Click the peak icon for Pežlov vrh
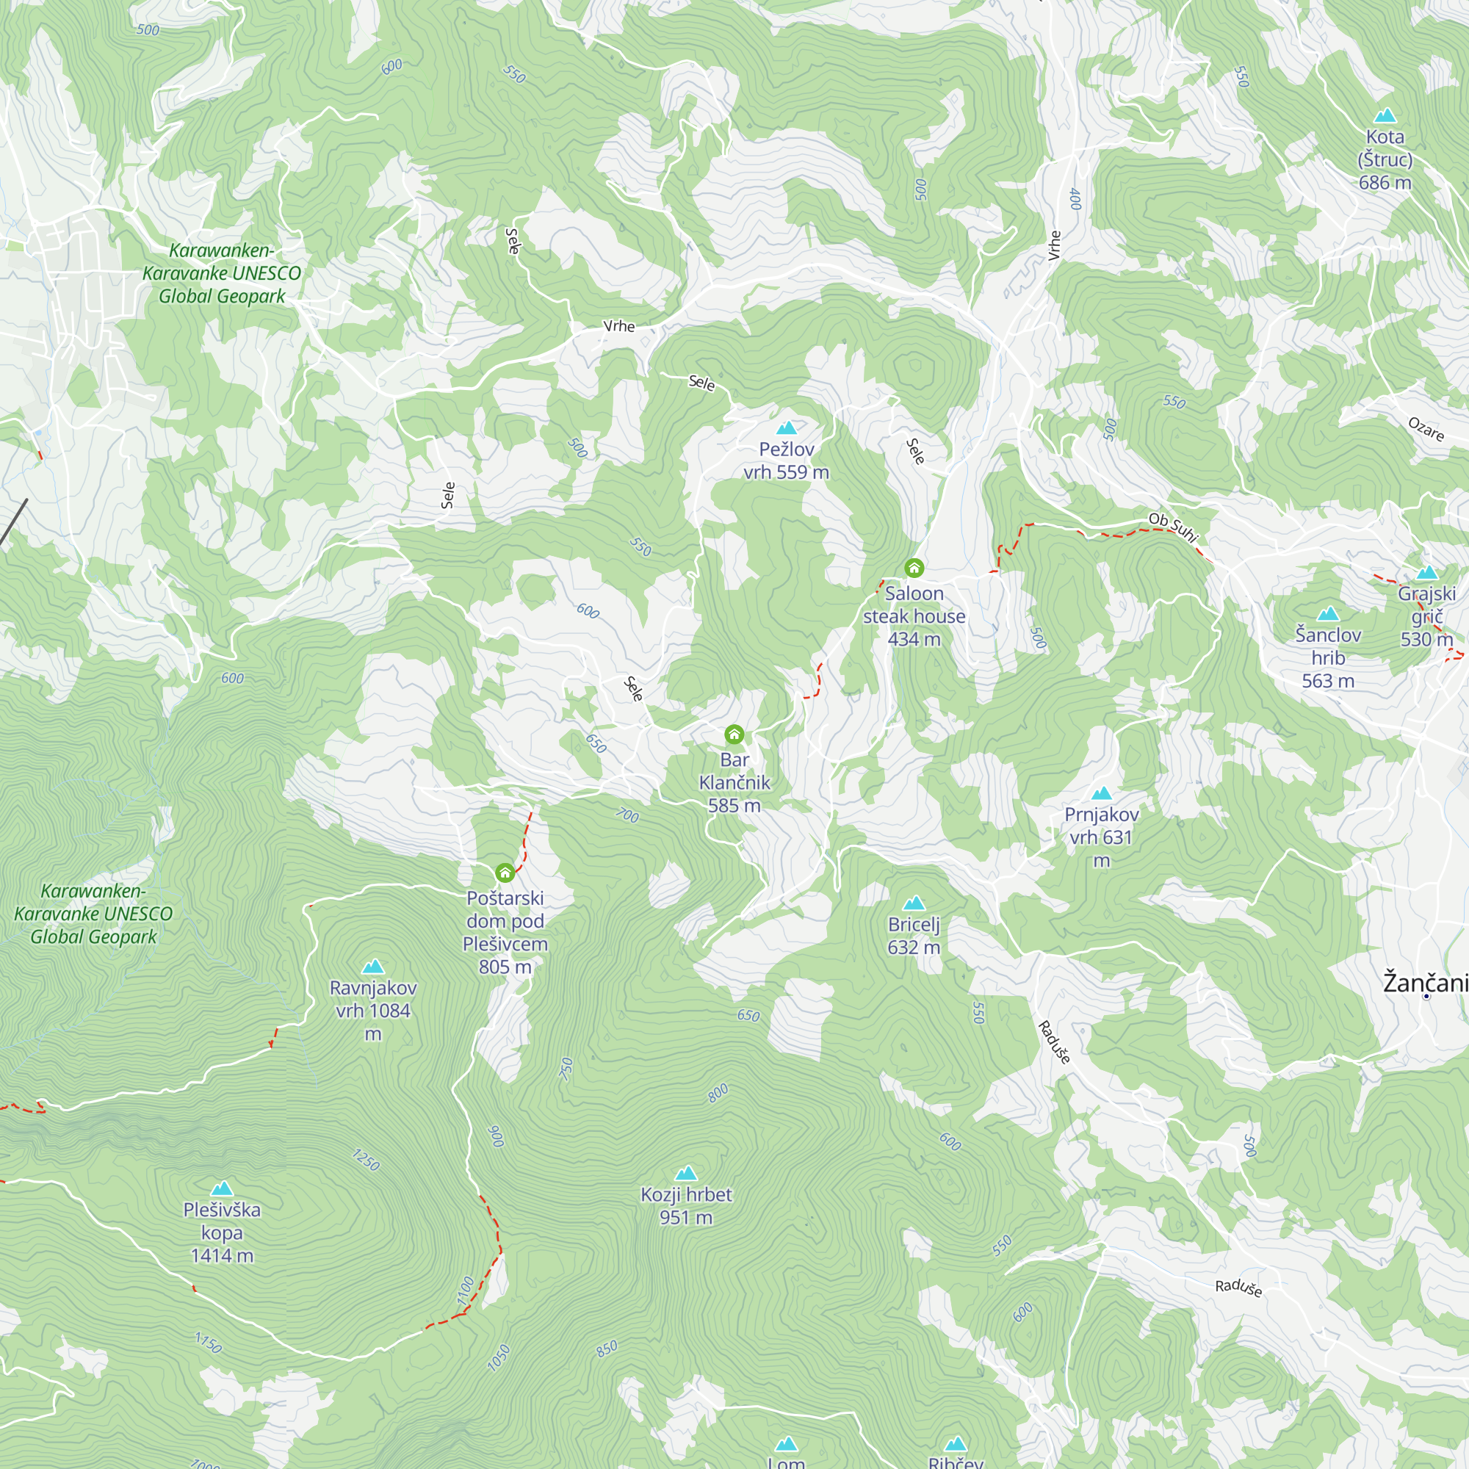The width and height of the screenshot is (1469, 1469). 786,428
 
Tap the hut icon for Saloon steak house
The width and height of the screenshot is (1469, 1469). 914,568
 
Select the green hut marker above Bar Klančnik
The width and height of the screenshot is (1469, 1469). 734,734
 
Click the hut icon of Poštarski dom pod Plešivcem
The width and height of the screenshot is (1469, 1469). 505,872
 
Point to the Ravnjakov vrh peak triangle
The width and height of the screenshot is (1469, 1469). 372,967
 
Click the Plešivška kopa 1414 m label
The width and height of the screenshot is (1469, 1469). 222,1232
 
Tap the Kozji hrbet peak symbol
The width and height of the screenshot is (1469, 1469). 686,1173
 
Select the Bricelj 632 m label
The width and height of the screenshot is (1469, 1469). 914,936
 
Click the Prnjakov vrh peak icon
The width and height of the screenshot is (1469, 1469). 1101,794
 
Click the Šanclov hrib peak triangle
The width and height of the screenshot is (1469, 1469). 1327,613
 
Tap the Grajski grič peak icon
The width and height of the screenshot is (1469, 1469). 1426,573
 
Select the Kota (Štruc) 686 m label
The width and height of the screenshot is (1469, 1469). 1385,159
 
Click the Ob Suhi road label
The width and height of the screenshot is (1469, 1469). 1172,526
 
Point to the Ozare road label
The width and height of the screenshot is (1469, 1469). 1426,429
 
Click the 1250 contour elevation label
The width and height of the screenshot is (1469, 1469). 366,1160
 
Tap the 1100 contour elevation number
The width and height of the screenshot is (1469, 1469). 466,1291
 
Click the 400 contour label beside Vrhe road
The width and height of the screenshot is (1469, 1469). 1075,199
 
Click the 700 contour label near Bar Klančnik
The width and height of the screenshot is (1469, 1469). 627,815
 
